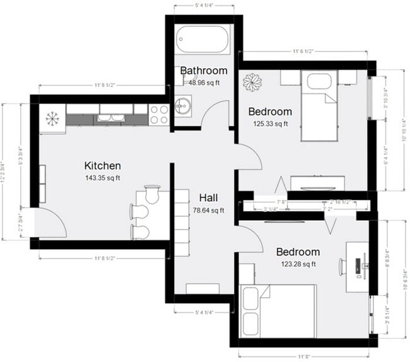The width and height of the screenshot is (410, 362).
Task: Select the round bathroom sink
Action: (x=182, y=105)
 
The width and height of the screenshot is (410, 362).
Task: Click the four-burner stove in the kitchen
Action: (x=158, y=114)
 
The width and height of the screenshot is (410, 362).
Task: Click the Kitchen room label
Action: (x=102, y=166)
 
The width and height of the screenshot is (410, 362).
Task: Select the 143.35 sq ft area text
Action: (x=102, y=178)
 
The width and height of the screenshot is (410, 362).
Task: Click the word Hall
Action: (x=209, y=197)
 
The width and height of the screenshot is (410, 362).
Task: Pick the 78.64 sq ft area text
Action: (x=209, y=210)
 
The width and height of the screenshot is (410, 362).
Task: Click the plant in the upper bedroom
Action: (x=254, y=82)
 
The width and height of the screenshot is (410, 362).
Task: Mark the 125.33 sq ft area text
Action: (x=271, y=124)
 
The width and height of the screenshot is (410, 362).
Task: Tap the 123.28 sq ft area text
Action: (x=298, y=264)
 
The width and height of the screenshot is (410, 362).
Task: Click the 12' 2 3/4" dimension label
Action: (x=5, y=172)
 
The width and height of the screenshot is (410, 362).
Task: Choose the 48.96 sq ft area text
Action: (x=204, y=82)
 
